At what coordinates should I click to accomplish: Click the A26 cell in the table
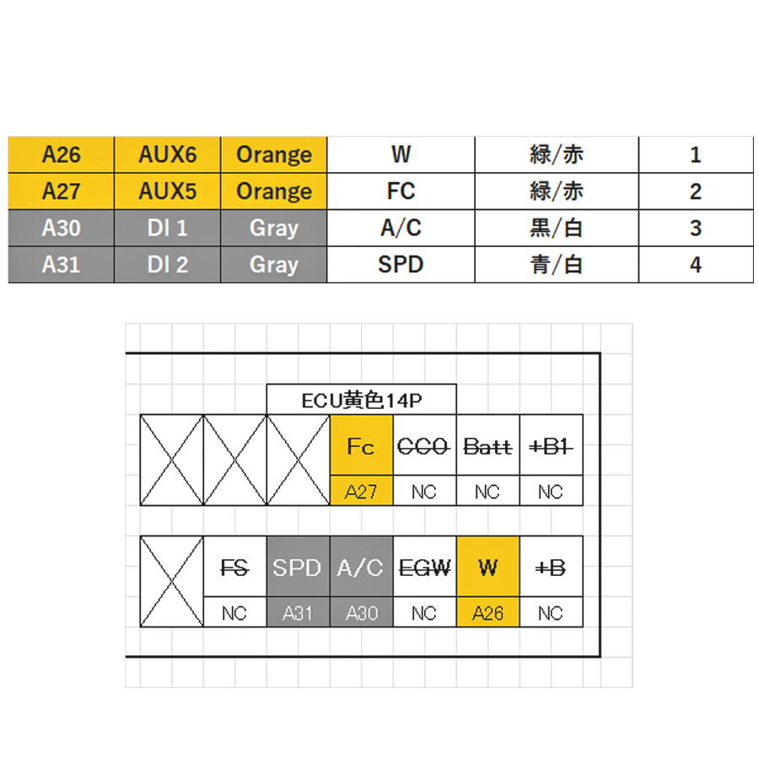pyautogui.click(x=61, y=154)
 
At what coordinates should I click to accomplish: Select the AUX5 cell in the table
pyautogui.click(x=168, y=191)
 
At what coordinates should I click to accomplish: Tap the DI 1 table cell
pyautogui.click(x=168, y=228)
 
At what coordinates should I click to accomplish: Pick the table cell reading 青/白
pyautogui.click(x=557, y=265)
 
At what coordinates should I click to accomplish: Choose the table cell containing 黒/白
pyautogui.click(x=557, y=228)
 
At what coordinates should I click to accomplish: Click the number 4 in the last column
pyautogui.click(x=696, y=265)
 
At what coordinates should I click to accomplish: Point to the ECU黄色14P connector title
pyautogui.click(x=361, y=401)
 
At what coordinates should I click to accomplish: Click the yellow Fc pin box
pyautogui.click(x=361, y=445)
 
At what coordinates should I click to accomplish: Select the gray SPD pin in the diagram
pyautogui.click(x=298, y=568)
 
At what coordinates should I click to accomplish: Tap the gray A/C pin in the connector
pyautogui.click(x=361, y=568)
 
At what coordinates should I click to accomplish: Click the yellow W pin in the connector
pyautogui.click(x=487, y=568)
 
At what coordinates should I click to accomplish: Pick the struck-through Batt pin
pyautogui.click(x=487, y=445)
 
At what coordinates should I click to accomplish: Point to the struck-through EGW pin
pyautogui.click(x=424, y=568)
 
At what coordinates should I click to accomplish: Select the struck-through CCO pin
pyautogui.click(x=424, y=445)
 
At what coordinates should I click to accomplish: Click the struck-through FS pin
pyautogui.click(x=234, y=568)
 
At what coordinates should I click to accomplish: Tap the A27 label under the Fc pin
pyautogui.click(x=361, y=491)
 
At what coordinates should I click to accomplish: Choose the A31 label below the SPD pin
pyautogui.click(x=298, y=613)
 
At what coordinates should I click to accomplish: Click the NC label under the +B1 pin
pyautogui.click(x=551, y=491)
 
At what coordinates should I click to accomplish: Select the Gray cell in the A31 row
pyautogui.click(x=274, y=265)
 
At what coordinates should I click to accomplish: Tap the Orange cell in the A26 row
pyautogui.click(x=274, y=154)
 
